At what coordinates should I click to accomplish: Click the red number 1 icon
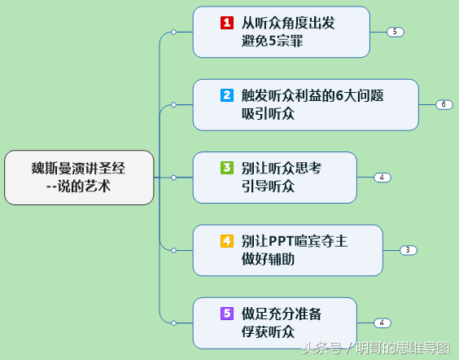pyautogui.click(x=227, y=23)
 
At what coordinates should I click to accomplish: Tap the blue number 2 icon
pyautogui.click(x=227, y=95)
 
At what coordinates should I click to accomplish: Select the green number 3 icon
pyautogui.click(x=227, y=168)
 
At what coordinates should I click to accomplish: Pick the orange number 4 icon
pyautogui.click(x=227, y=241)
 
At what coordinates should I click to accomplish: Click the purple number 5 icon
pyautogui.click(x=227, y=314)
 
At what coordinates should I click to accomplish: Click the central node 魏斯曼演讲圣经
pyautogui.click(x=79, y=178)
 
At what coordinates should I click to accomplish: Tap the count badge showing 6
pyautogui.click(x=444, y=104)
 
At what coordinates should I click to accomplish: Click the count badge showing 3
pyautogui.click(x=408, y=250)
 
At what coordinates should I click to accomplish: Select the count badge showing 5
pyautogui.click(x=396, y=32)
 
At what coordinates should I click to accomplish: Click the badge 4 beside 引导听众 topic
pyautogui.click(x=382, y=178)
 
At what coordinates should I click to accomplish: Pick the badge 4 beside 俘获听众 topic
pyautogui.click(x=382, y=323)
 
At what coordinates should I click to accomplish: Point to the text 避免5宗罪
pyautogui.click(x=273, y=41)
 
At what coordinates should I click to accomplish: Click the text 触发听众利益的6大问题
pyautogui.click(x=313, y=95)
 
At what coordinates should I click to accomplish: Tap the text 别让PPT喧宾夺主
pyautogui.click(x=294, y=241)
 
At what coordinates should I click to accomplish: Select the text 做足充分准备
pyautogui.click(x=282, y=314)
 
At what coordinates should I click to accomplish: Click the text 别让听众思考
pyautogui.click(x=282, y=168)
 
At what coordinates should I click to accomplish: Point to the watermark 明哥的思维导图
pyautogui.click(x=403, y=348)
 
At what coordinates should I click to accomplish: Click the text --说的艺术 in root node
pyautogui.click(x=78, y=187)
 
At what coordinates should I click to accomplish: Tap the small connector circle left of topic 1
pyautogui.click(x=173, y=32)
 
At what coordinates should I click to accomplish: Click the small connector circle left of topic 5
pyautogui.click(x=173, y=323)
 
